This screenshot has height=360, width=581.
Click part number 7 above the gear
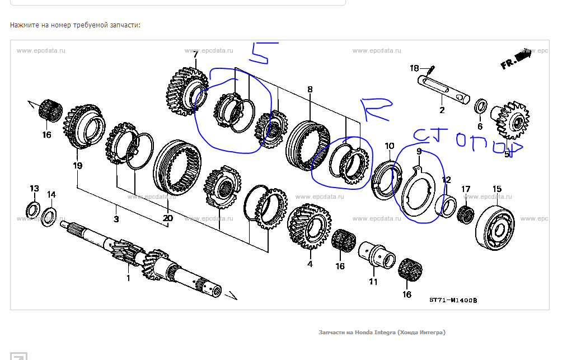pos(195,55)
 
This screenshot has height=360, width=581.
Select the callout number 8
pos(310,90)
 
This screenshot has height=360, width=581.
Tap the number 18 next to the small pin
pos(414,68)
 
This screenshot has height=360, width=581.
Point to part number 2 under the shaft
pos(442,110)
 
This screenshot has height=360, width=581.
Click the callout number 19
pos(77,165)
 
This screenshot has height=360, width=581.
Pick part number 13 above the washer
pos(34,188)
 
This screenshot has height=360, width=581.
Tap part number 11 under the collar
pos(373,281)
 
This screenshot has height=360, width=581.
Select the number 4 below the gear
pos(310,264)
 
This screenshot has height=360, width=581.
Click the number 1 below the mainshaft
pos(128,278)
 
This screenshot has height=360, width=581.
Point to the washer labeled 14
pos(49,214)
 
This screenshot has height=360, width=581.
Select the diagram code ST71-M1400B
pos(453,300)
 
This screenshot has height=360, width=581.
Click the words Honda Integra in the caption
pos(375,333)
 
